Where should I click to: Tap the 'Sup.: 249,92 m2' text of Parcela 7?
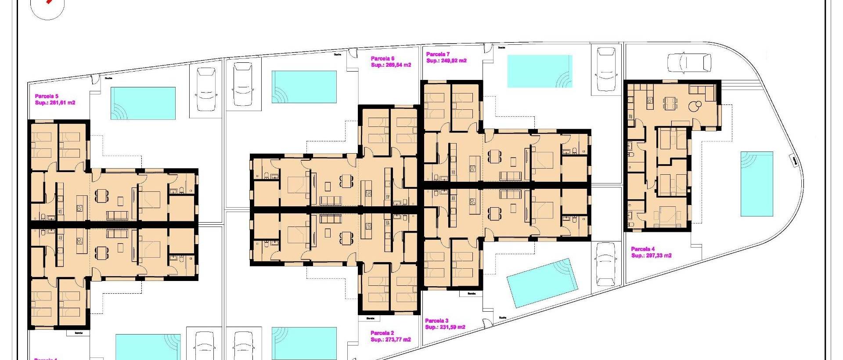446,61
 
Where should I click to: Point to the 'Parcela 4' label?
643,249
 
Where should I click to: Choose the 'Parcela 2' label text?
382,333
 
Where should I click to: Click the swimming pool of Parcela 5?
143,104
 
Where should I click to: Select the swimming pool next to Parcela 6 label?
304,87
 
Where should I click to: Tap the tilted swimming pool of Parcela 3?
541,283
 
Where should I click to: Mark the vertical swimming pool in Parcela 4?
757,184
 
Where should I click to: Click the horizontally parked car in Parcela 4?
689,63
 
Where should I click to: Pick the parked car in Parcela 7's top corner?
606,69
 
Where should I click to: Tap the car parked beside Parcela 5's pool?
205,90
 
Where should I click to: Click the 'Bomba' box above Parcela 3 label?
472,293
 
